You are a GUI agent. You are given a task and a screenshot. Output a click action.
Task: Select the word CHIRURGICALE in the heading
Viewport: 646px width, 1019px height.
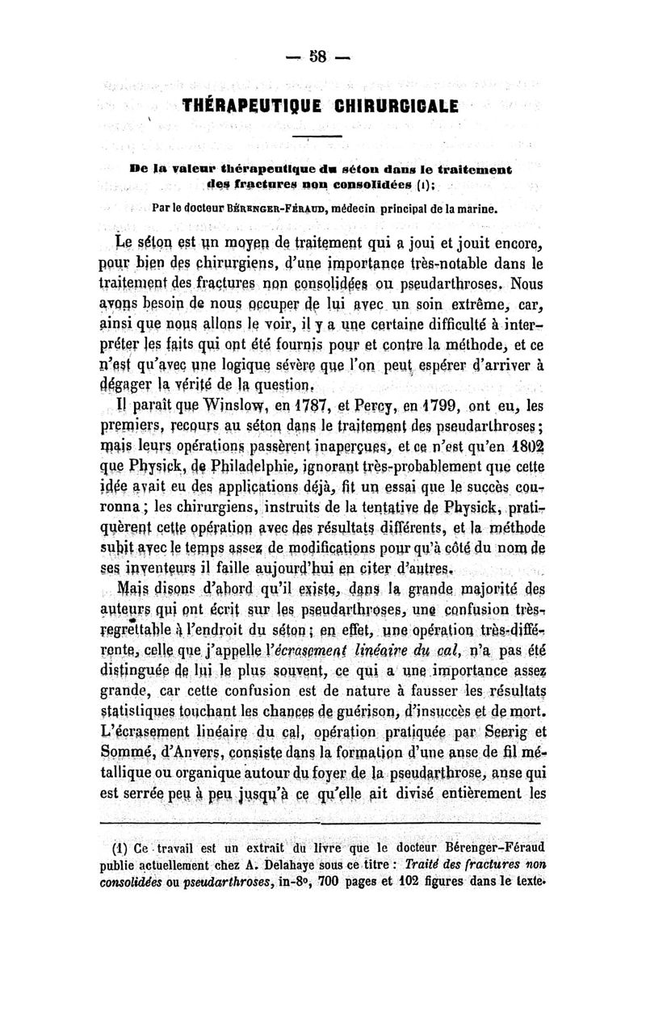coord(392,105)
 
